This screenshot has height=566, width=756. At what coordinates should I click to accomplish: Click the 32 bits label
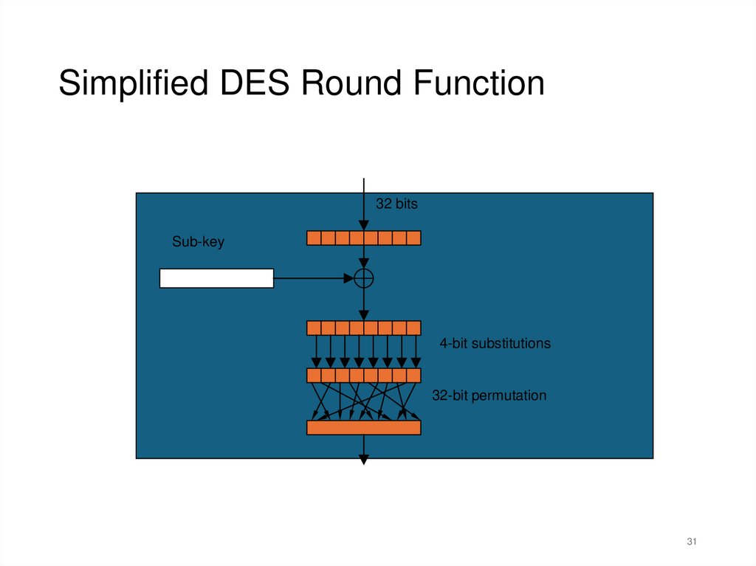pyautogui.click(x=396, y=204)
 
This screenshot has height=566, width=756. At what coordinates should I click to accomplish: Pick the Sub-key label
pyautogui.click(x=198, y=241)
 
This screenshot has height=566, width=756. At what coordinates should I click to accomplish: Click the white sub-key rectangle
pyautogui.click(x=216, y=278)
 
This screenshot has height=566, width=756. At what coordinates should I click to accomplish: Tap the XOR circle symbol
pyautogui.click(x=363, y=278)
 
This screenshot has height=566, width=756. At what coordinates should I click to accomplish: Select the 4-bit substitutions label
pyautogui.click(x=495, y=343)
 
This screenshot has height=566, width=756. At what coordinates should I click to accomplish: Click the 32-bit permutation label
pyautogui.click(x=489, y=396)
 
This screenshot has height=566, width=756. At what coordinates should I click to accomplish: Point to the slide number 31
pyautogui.click(x=692, y=542)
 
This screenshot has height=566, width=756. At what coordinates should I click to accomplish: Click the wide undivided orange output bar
pyautogui.click(x=363, y=427)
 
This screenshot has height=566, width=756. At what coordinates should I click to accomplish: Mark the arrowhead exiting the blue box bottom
pyautogui.click(x=363, y=460)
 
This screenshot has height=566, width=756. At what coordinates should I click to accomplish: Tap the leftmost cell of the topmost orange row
pyautogui.click(x=314, y=238)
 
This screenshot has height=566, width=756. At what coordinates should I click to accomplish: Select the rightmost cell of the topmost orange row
pyautogui.click(x=413, y=238)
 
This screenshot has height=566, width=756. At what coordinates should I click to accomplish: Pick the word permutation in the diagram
pyautogui.click(x=509, y=396)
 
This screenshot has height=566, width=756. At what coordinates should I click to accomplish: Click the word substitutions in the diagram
pyautogui.click(x=511, y=343)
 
